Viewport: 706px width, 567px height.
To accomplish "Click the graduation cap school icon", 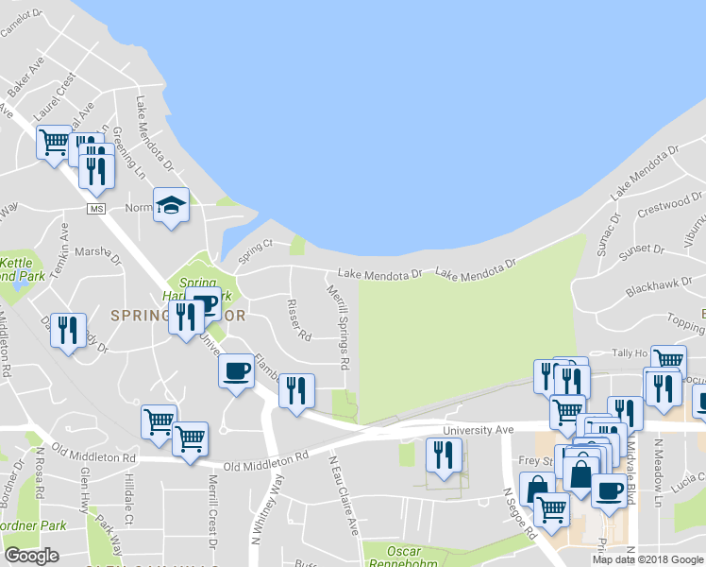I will click(171, 205).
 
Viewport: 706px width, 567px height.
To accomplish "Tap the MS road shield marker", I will click(94, 208).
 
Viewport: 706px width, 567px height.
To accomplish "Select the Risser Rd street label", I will click(298, 320).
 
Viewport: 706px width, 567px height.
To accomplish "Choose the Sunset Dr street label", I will click(642, 252).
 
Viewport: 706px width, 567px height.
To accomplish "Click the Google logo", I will click(31, 556).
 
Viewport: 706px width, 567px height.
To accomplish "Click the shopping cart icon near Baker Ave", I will click(54, 143).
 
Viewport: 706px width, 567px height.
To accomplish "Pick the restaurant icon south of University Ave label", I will click(443, 455).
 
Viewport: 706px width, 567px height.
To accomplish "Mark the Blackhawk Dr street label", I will click(650, 283).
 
